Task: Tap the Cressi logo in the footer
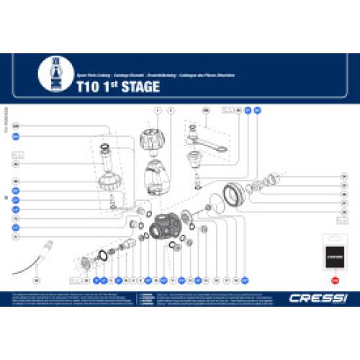[x=308, y=298]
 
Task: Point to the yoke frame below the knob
[x=158, y=176]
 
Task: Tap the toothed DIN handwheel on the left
[x=106, y=178]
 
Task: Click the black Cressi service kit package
[x=334, y=253]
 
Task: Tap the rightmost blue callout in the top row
[x=257, y=110]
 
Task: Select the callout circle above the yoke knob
[x=158, y=110]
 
